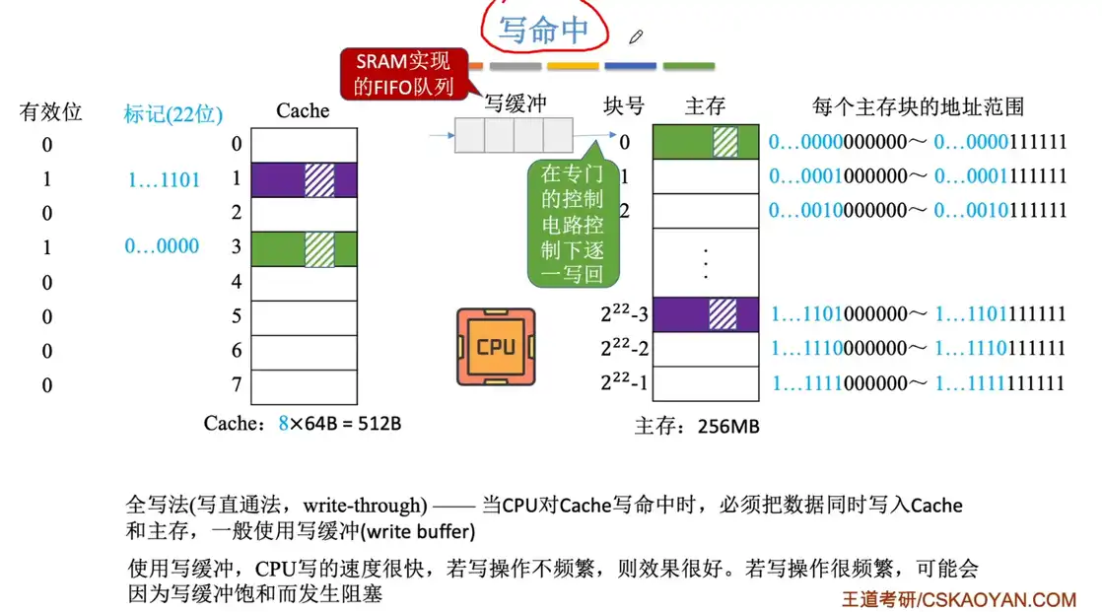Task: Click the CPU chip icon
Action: [x=496, y=346]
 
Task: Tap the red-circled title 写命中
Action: [x=543, y=29]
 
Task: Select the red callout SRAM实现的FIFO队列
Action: [x=402, y=74]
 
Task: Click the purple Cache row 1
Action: [x=304, y=180]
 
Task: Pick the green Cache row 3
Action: [x=304, y=248]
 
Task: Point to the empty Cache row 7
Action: [x=304, y=384]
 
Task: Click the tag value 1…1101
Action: [x=164, y=180]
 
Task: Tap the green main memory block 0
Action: [x=706, y=143]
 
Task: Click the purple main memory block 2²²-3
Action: [x=706, y=315]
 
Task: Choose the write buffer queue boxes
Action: [x=513, y=135]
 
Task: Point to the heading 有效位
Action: [x=50, y=112]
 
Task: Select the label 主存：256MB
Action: [x=697, y=427]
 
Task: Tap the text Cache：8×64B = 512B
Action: [x=302, y=424]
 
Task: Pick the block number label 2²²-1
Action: [x=624, y=383]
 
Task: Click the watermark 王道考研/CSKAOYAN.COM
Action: [x=958, y=598]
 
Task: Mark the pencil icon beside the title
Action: [x=636, y=37]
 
